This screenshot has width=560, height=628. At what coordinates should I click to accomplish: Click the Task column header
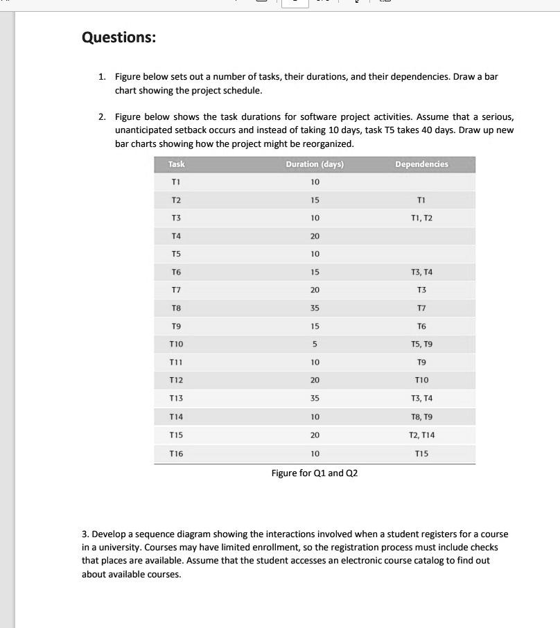[x=177, y=164]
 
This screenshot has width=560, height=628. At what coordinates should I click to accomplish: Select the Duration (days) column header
[x=315, y=164]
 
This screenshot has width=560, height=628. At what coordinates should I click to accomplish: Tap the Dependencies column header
[x=421, y=164]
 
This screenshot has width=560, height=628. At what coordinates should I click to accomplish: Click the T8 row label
[x=177, y=308]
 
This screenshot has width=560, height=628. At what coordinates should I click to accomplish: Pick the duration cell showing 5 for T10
[x=315, y=344]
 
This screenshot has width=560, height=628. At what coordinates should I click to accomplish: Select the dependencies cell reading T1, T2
[x=421, y=218]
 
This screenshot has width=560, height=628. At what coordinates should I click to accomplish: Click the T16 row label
[x=177, y=453]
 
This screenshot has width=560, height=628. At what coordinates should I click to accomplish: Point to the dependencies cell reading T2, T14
[x=421, y=435]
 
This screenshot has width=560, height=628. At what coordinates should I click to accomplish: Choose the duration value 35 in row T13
[x=315, y=399]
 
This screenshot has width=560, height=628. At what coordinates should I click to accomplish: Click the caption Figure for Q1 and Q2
[x=315, y=473]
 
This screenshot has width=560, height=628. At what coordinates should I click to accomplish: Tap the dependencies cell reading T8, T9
[x=421, y=417]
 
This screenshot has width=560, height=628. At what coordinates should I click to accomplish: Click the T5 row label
[x=177, y=254]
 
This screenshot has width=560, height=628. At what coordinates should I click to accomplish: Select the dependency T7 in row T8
[x=421, y=308]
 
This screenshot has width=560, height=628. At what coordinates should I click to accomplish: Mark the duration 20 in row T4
[x=315, y=236]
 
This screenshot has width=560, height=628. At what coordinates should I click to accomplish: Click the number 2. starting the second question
[x=102, y=117]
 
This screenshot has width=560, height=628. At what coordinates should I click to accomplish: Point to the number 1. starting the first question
[x=102, y=76]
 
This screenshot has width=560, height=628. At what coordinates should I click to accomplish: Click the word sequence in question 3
[x=141, y=534]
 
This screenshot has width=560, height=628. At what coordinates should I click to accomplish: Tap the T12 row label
[x=177, y=381]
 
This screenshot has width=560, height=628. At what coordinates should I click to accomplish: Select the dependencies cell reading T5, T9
[x=421, y=344]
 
